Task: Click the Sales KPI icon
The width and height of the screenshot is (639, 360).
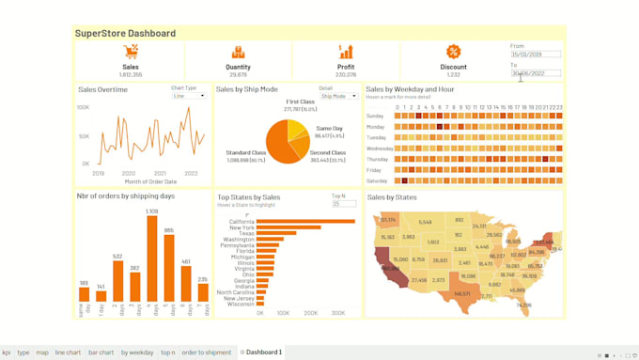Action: tap(131, 52)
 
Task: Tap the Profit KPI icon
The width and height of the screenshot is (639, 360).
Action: tap(346, 52)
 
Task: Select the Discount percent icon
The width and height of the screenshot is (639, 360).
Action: tap(453, 52)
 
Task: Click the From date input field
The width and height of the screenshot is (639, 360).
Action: tap(536, 55)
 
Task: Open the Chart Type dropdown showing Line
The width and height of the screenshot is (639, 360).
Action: tap(188, 96)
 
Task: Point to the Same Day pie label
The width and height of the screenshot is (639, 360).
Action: tap(329, 128)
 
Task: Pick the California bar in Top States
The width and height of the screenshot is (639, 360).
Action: tap(304, 222)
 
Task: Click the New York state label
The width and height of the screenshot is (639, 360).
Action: tap(242, 227)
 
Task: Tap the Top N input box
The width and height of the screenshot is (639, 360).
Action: tap(343, 204)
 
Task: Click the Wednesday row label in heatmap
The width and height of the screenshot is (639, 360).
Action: tap(380, 149)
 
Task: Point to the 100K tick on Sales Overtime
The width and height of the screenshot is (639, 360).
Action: tap(83, 108)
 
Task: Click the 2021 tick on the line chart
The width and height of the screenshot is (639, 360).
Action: tap(160, 174)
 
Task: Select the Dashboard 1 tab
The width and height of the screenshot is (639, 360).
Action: tap(263, 352)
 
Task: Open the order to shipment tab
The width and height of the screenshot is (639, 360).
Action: tap(206, 352)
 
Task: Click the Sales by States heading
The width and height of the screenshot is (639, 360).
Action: tap(392, 197)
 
